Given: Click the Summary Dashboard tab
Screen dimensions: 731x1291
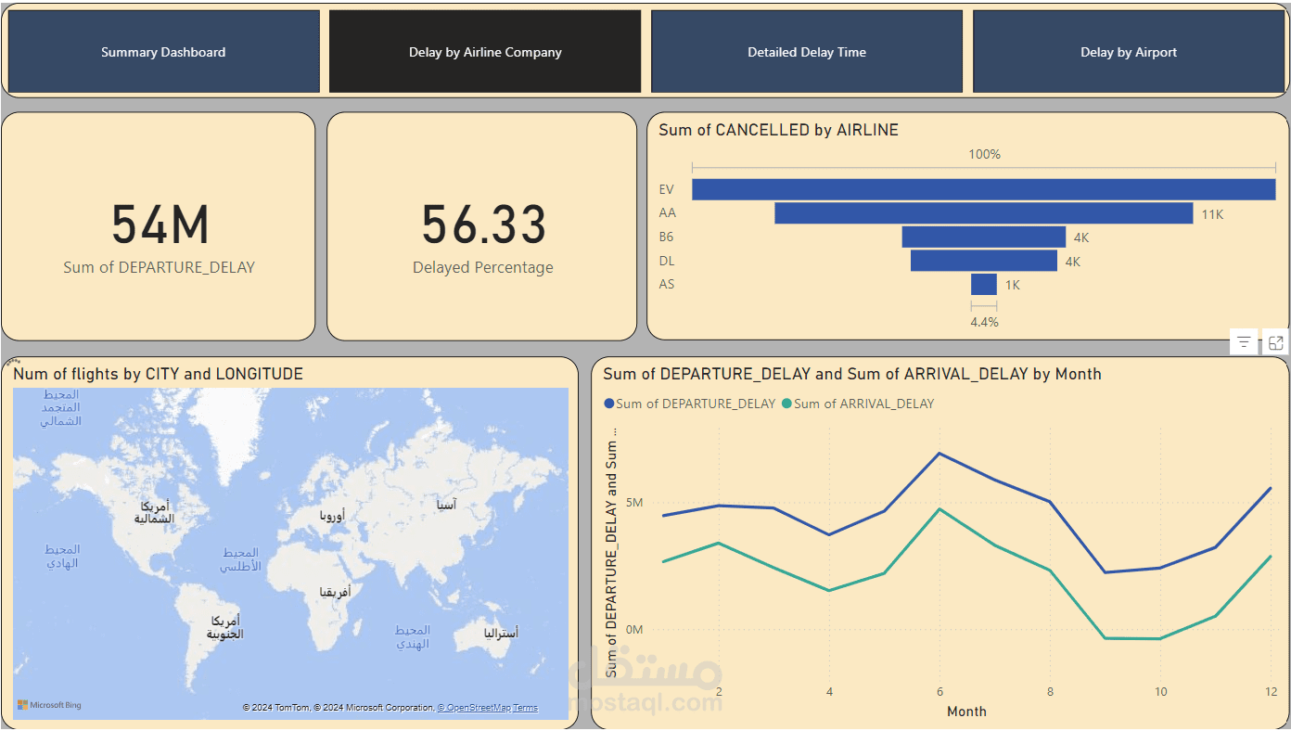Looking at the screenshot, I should pyautogui.click(x=163, y=52).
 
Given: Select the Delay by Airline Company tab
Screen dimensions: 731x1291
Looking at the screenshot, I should pyautogui.click(x=485, y=52).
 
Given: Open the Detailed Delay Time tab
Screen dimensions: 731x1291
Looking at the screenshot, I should pyautogui.click(x=807, y=52).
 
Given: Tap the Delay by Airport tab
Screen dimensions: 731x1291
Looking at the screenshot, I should pyautogui.click(x=1128, y=52).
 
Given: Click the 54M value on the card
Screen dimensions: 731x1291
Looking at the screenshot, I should pyautogui.click(x=160, y=225).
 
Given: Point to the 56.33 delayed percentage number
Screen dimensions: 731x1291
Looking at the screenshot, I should pyautogui.click(x=483, y=225).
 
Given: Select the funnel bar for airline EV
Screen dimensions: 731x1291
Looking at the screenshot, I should pyautogui.click(x=983, y=189).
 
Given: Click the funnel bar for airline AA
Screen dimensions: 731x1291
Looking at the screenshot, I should pyautogui.click(x=983, y=213).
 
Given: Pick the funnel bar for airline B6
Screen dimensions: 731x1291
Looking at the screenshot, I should pyautogui.click(x=983, y=237).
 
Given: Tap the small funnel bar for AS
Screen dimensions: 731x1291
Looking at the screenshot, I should pyautogui.click(x=983, y=284).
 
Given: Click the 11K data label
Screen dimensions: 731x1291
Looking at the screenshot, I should pyautogui.click(x=1212, y=214).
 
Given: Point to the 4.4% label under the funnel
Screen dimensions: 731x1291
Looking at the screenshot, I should pyautogui.click(x=984, y=322).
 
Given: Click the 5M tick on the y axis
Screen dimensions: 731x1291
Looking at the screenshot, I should pyautogui.click(x=633, y=503).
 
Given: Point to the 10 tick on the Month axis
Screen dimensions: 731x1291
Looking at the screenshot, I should pyautogui.click(x=1160, y=692).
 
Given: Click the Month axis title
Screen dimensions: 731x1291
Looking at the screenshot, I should pyautogui.click(x=966, y=712).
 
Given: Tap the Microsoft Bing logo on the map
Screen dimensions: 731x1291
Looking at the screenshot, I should pyautogui.click(x=49, y=705).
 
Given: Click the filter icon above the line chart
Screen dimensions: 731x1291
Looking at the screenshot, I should pyautogui.click(x=1244, y=342).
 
